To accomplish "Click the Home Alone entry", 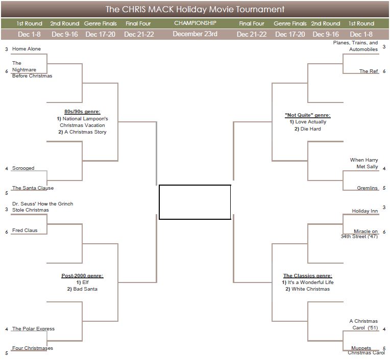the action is click(x=27, y=48).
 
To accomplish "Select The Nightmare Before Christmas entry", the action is click(x=32, y=69).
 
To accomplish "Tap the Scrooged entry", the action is click(x=23, y=168).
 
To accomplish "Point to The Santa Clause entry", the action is click(x=33, y=188).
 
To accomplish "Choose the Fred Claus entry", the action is click(x=25, y=230).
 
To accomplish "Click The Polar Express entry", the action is click(x=33, y=328).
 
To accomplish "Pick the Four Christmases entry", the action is click(x=33, y=348).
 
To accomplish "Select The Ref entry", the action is click(x=369, y=71).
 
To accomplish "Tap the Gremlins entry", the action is click(x=367, y=188).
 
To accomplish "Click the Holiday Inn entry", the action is click(x=364, y=211).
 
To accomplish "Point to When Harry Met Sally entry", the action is click(x=364, y=163).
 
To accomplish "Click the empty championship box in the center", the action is click(x=195, y=202).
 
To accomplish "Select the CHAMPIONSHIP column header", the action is click(x=195, y=23).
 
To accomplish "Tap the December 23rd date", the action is click(x=195, y=34).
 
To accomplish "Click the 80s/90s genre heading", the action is click(x=82, y=112).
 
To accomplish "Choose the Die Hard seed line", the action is click(x=308, y=128).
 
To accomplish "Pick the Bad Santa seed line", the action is click(x=82, y=289).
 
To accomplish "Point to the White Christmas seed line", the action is click(x=308, y=289).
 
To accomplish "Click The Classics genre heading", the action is click(x=308, y=275).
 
